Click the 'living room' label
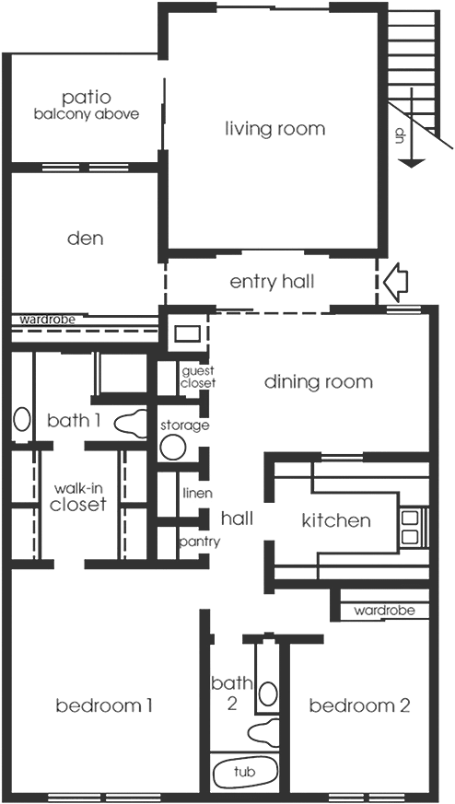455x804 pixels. pyautogui.click(x=275, y=128)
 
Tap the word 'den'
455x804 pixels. pyautogui.click(x=86, y=239)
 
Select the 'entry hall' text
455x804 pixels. pyautogui.click(x=272, y=282)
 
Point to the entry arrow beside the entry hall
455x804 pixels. pyautogui.click(x=395, y=281)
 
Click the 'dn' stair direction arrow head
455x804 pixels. pyautogui.click(x=412, y=164)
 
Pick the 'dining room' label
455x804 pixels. pyautogui.click(x=318, y=382)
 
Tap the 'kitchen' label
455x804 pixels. pyautogui.click(x=336, y=520)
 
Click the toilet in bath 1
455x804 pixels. pyautogui.click(x=130, y=423)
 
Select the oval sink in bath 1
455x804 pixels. pyautogui.click(x=21, y=419)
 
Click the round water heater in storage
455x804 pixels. pyautogui.click(x=173, y=447)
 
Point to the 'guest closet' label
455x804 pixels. pyautogui.click(x=199, y=377)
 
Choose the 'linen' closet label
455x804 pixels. pyautogui.click(x=197, y=494)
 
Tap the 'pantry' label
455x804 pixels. pyautogui.click(x=200, y=542)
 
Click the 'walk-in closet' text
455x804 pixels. pyautogui.click(x=78, y=497)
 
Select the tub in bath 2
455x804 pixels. pyautogui.click(x=245, y=771)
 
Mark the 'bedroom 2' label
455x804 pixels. pyautogui.click(x=359, y=706)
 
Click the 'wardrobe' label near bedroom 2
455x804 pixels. pyautogui.click(x=384, y=611)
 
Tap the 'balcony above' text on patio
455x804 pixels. pyautogui.click(x=87, y=114)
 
